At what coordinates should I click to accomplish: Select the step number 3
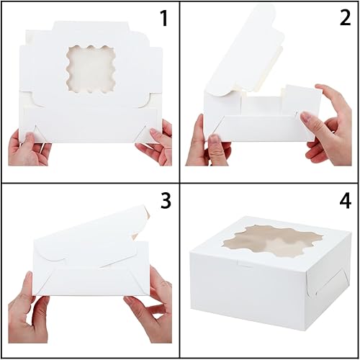tap(165, 201)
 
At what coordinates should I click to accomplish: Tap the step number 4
tap(343, 201)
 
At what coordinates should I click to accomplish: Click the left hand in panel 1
tap(27, 147)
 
